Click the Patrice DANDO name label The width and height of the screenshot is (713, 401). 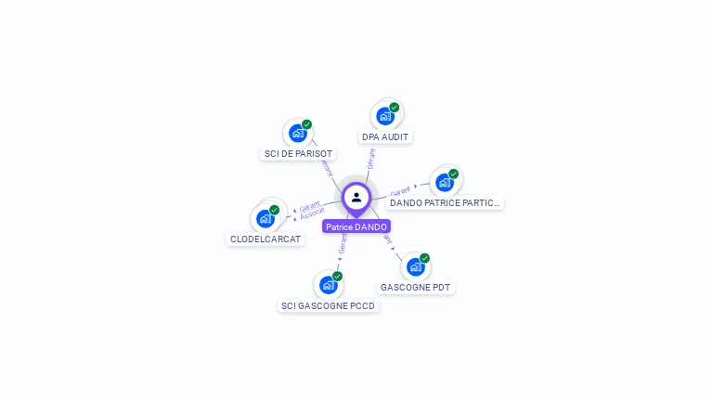pyautogui.click(x=356, y=226)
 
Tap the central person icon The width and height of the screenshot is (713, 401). pyautogui.click(x=356, y=197)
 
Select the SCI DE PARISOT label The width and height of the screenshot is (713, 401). pyautogui.click(x=298, y=154)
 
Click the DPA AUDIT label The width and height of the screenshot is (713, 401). pyautogui.click(x=385, y=137)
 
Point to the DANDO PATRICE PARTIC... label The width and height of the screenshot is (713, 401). pyautogui.click(x=445, y=202)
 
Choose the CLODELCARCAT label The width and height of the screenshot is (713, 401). pyautogui.click(x=266, y=239)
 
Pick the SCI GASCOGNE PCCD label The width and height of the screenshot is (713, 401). pyautogui.click(x=329, y=305)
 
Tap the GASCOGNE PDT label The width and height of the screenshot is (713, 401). pyautogui.click(x=415, y=288)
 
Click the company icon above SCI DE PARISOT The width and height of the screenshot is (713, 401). pyautogui.click(x=297, y=133)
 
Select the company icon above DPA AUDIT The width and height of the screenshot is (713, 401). pyautogui.click(x=384, y=116)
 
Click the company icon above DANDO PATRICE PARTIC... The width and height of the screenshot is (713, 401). pyautogui.click(x=444, y=182)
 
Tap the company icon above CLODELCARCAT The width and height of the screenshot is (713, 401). pyautogui.click(x=266, y=218)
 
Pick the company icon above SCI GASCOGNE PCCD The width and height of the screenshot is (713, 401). pyautogui.click(x=327, y=285)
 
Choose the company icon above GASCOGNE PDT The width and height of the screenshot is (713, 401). pyautogui.click(x=414, y=266)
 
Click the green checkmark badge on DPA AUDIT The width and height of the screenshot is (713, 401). pyautogui.click(x=395, y=108)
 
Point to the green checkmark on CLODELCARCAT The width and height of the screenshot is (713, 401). pyautogui.click(x=275, y=210)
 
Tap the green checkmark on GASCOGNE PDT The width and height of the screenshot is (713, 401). pyautogui.click(x=424, y=258)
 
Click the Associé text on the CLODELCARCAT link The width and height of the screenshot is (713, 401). pyautogui.click(x=313, y=213)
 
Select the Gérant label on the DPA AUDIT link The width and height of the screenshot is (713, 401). pyautogui.click(x=370, y=159)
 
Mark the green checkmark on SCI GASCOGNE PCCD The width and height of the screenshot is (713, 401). pyautogui.click(x=337, y=277)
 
